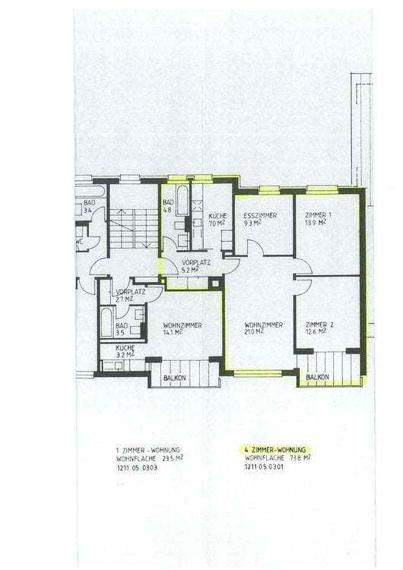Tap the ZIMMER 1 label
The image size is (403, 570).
tap(310, 216)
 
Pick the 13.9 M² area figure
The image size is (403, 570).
tap(312, 223)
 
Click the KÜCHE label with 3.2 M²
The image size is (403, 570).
tap(125, 347)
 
